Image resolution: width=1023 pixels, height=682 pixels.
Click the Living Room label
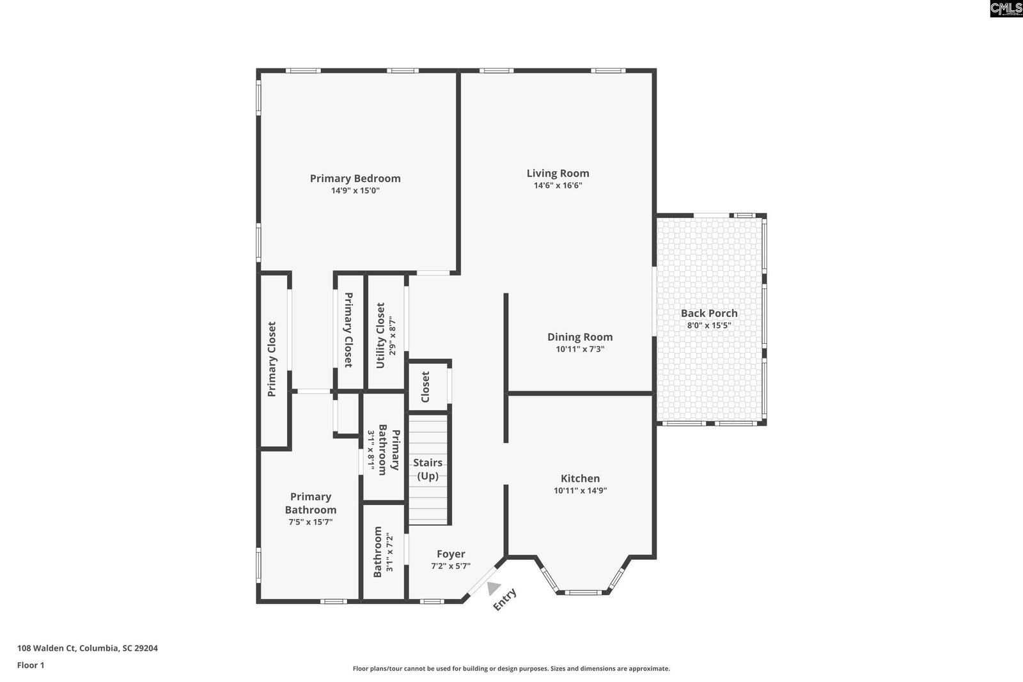(x=558, y=173)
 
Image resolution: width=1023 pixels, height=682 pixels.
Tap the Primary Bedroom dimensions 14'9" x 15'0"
(x=355, y=190)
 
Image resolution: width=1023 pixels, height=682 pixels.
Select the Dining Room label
(x=580, y=337)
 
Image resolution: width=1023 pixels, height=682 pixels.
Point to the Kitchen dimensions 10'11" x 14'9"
(x=580, y=491)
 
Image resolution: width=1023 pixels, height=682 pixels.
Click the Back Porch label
(x=709, y=313)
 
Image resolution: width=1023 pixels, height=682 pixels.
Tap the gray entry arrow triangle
(x=493, y=589)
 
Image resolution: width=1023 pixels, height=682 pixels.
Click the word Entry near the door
(x=504, y=600)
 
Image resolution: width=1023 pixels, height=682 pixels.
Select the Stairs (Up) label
(x=428, y=469)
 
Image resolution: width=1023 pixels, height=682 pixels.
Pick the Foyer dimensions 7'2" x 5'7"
(x=451, y=566)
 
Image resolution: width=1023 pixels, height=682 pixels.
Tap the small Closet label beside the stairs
(x=425, y=387)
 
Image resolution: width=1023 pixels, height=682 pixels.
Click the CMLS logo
(x=1006, y=9)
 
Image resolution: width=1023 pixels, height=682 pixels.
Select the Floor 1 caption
(x=31, y=665)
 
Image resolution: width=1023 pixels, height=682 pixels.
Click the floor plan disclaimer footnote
(x=511, y=669)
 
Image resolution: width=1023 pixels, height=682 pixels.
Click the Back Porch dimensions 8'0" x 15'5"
(x=709, y=325)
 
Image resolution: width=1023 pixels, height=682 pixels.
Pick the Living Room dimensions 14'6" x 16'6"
(x=558, y=185)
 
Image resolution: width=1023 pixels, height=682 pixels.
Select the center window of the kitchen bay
(x=583, y=593)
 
